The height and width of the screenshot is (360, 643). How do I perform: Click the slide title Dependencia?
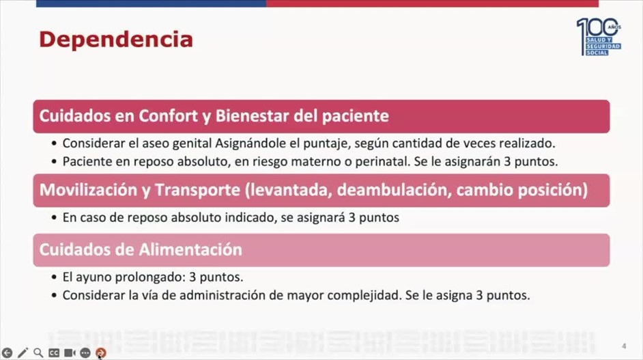pos(115,40)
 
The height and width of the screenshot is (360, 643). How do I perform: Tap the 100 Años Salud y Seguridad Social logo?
pos(599,36)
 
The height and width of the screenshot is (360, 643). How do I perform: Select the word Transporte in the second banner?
pos(197,190)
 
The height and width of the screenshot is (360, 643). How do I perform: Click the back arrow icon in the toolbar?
pos(7,352)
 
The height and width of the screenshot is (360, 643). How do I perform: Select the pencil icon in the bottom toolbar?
pos(23,352)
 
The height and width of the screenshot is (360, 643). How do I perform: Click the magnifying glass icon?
pos(38,352)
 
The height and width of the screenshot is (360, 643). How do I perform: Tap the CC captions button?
pos(54,352)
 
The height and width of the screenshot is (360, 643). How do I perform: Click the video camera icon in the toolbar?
pos(70,352)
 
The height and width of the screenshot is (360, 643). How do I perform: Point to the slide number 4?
pos(624,346)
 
